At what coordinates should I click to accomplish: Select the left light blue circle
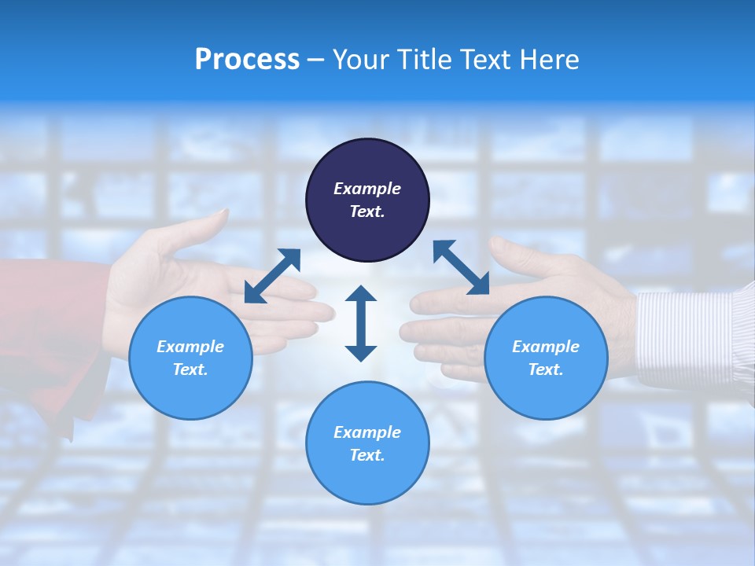tap(190, 358)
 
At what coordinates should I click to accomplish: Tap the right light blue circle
tap(546, 358)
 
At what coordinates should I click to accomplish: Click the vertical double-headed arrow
tap(361, 323)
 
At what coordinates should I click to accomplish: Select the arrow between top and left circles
tap(272, 276)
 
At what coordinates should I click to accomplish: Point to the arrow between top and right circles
tap(461, 267)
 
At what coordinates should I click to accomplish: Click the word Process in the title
tap(247, 60)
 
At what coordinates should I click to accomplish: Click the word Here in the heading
tap(550, 60)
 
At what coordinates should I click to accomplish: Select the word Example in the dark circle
tap(367, 189)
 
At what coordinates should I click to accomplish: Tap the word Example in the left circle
tap(190, 347)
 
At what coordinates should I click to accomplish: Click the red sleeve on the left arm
tap(47, 330)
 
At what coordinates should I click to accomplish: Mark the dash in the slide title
tap(315, 60)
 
